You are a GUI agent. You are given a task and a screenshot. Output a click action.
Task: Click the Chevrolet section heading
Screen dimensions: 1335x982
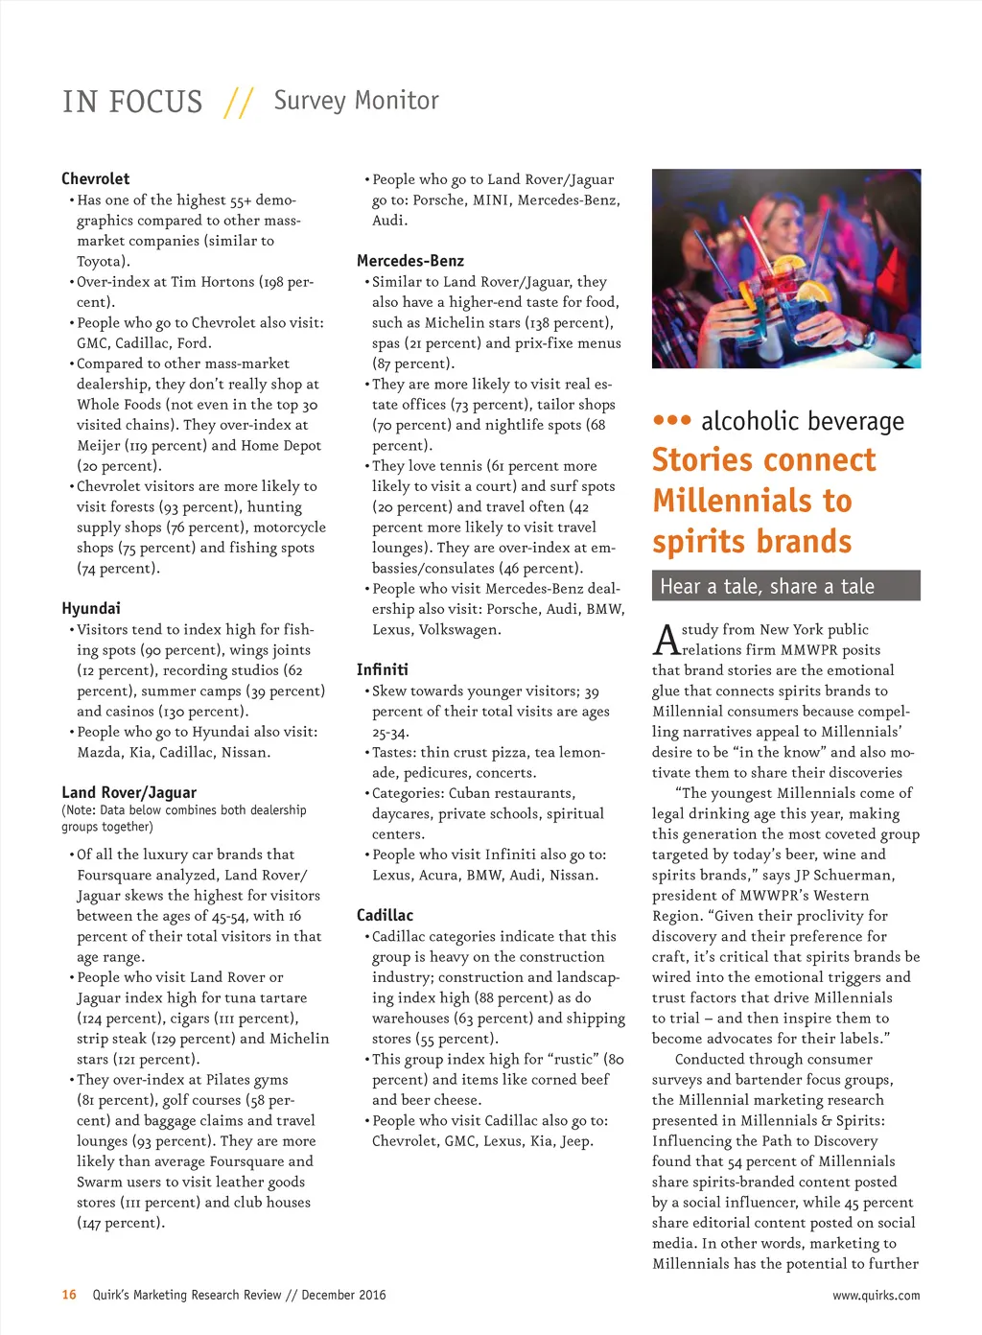pyautogui.click(x=95, y=178)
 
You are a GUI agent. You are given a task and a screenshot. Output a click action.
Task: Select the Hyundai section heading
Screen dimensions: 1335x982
pyautogui.click(x=91, y=608)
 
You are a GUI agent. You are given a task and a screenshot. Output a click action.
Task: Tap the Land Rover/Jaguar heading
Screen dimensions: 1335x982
pyautogui.click(x=129, y=792)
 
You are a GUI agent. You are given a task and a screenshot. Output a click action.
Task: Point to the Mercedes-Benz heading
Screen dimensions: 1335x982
pyautogui.click(x=410, y=261)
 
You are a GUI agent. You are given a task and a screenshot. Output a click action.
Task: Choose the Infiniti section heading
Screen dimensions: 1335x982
pyautogui.click(x=383, y=669)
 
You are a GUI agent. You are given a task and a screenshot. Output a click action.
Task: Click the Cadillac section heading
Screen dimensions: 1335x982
pyautogui.click(x=385, y=915)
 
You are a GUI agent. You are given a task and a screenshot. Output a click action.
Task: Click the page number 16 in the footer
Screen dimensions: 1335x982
pyautogui.click(x=69, y=1295)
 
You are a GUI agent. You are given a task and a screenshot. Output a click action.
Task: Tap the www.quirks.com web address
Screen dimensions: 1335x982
pyautogui.click(x=876, y=1296)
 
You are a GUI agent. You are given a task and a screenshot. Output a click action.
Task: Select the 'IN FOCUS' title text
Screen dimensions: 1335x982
pyautogui.click(x=132, y=102)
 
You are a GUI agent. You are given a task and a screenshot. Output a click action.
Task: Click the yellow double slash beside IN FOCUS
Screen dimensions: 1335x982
pyautogui.click(x=238, y=103)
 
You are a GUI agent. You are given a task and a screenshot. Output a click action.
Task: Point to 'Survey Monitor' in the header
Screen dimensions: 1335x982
pyautogui.click(x=356, y=101)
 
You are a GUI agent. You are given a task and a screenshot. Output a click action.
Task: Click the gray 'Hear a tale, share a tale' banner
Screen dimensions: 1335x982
pyautogui.click(x=785, y=586)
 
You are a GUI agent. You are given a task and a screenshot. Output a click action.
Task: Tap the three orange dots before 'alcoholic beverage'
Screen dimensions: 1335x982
pyautogui.click(x=671, y=420)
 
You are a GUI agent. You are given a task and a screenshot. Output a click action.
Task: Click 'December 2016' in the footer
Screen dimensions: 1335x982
pyautogui.click(x=343, y=1295)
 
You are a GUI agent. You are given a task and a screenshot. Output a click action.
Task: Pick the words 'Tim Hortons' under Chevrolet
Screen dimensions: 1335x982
pyautogui.click(x=214, y=282)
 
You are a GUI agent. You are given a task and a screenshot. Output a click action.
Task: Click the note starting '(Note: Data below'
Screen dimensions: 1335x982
pyautogui.click(x=184, y=818)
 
